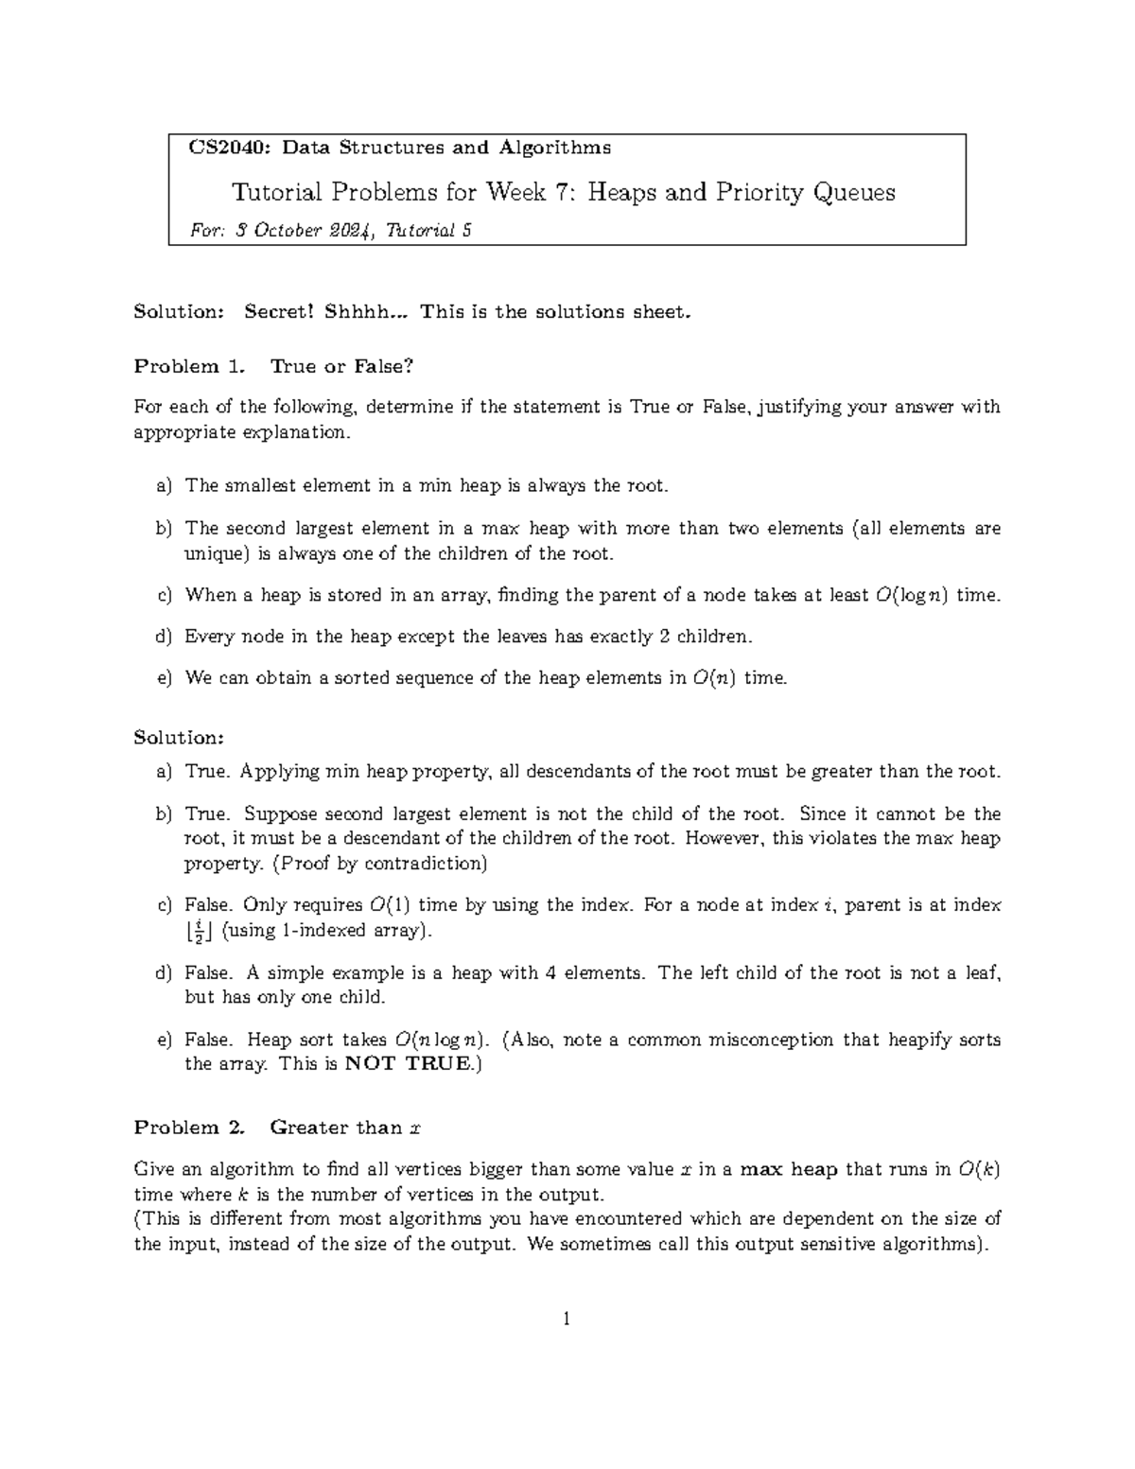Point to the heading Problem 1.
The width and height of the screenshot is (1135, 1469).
point(188,366)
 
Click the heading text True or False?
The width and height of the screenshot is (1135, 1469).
point(341,366)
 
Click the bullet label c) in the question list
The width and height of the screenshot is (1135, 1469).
point(164,595)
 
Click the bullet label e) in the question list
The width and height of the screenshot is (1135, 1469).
point(164,678)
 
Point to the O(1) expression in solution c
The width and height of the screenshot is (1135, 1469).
point(387,905)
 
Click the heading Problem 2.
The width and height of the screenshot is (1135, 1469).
point(188,1128)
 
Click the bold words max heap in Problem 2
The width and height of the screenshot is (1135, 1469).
point(788,1170)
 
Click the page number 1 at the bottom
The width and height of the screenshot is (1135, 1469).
point(566,1319)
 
